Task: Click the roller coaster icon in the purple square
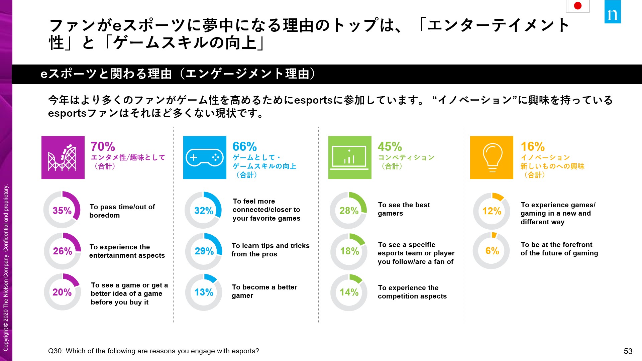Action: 63,157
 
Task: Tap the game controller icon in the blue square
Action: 205,157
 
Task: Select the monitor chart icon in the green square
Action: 350,157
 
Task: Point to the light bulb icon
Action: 492,157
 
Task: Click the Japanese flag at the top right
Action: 577,6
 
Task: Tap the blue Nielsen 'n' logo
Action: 613,12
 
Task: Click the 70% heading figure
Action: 103,146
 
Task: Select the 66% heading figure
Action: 245,146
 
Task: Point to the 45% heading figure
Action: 390,146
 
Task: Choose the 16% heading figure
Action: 533,146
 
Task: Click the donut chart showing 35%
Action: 62,210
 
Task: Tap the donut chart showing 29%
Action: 204,251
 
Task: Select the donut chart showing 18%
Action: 349,251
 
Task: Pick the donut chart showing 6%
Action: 492,251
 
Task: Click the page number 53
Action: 628,351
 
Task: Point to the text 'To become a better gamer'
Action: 264,291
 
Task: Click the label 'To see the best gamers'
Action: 404,209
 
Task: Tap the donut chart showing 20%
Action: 62,292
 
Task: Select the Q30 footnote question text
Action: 153,351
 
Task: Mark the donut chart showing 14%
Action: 349,292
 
